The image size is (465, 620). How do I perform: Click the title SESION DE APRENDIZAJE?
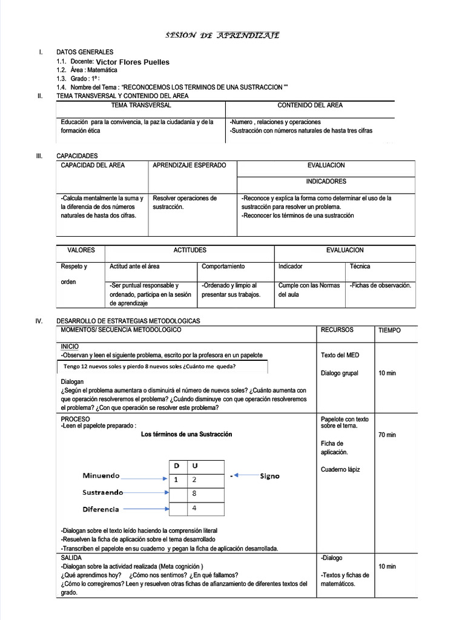point(222,36)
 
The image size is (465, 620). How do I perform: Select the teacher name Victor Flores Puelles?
point(133,62)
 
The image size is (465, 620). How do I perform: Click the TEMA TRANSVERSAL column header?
point(140,105)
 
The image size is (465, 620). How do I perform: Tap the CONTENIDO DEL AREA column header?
point(309,105)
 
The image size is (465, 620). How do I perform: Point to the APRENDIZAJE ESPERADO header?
point(190,165)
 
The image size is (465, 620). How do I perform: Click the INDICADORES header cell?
point(326,181)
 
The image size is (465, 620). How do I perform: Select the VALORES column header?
point(80,250)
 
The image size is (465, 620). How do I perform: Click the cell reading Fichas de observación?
point(381,285)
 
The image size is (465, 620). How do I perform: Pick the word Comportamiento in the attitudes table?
point(223,266)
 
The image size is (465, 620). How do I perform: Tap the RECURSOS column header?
point(337,330)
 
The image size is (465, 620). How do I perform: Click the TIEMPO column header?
point(389,331)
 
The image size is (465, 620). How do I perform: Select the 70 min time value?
point(387,435)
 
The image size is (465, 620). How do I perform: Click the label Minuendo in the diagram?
point(101,476)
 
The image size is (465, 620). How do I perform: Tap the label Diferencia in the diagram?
point(101,509)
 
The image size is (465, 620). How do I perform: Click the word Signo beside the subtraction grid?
point(269,476)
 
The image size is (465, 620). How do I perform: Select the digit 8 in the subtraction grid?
point(194,493)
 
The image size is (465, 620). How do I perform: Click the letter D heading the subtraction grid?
point(177,466)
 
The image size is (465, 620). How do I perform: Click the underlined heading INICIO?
point(70,346)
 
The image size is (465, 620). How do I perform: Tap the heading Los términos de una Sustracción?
point(186,434)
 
